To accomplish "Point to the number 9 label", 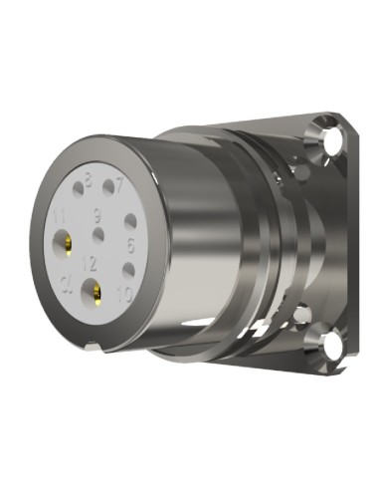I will point(97,215).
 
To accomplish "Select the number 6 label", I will point(130,241).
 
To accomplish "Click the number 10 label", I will point(124,293).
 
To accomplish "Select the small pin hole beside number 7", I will point(108,188).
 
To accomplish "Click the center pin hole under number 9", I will point(97,235).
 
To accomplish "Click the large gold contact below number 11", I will point(66,243).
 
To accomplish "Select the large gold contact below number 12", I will point(97,293).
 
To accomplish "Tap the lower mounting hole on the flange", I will point(325,346).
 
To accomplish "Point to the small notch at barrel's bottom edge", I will point(91,347).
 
